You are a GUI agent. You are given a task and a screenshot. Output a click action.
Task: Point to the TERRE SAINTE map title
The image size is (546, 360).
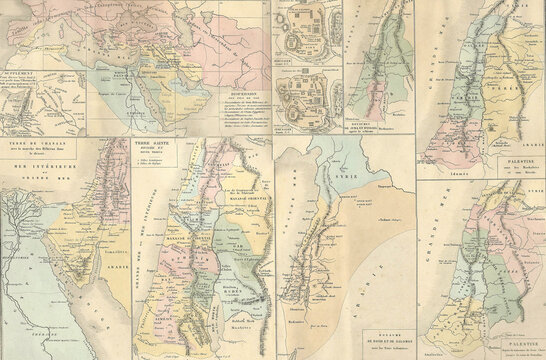149,146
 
